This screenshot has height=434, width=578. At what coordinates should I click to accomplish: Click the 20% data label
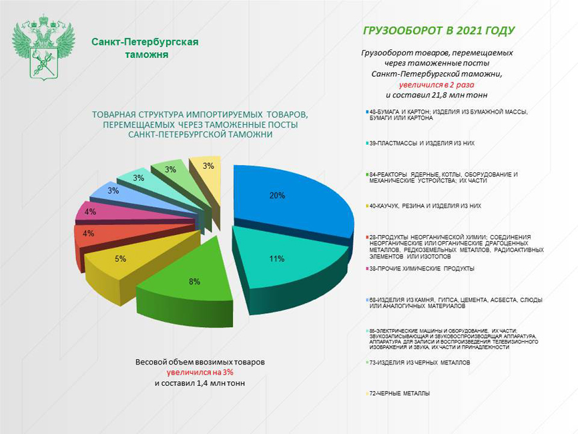[278, 196]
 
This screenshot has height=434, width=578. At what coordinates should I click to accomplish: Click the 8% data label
[194, 282]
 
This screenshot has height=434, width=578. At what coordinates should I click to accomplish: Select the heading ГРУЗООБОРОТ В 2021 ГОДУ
[439, 31]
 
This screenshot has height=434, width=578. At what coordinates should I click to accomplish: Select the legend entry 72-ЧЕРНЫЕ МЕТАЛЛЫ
[400, 394]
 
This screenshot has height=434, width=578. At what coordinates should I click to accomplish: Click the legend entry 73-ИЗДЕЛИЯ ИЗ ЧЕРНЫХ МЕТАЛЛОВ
[420, 362]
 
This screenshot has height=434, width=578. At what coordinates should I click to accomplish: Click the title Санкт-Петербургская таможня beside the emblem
[146, 48]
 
